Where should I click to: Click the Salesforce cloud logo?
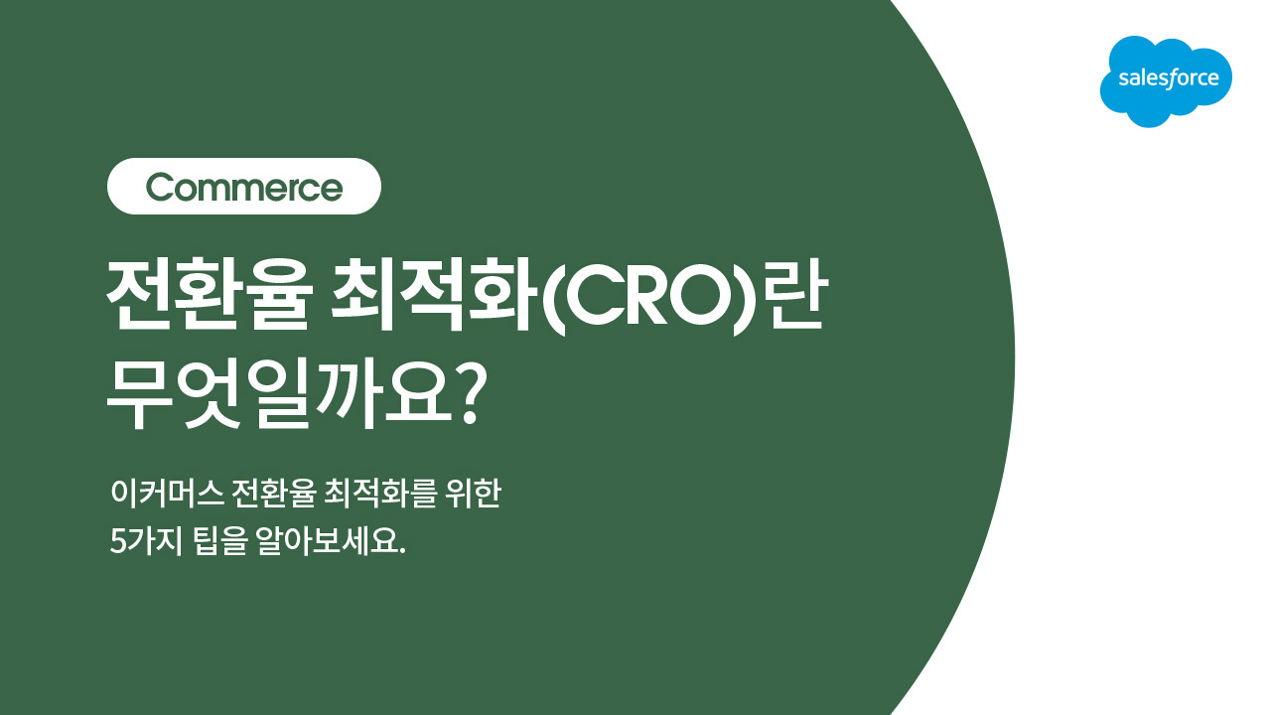[x=1166, y=81]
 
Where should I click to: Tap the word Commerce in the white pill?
[x=244, y=188]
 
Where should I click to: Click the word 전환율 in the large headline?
[x=210, y=295]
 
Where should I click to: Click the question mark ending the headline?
[x=471, y=393]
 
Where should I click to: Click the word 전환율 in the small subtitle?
[x=273, y=493]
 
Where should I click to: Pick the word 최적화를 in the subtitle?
[x=380, y=493]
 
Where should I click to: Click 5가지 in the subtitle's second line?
[x=146, y=541]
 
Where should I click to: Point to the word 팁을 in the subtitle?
[x=220, y=541]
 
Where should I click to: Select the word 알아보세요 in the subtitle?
[x=328, y=541]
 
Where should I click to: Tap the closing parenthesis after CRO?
[x=742, y=299]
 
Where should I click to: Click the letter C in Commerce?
[x=160, y=188]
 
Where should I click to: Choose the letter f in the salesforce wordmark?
[x=1170, y=78]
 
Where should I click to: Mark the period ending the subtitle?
[x=403, y=551]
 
